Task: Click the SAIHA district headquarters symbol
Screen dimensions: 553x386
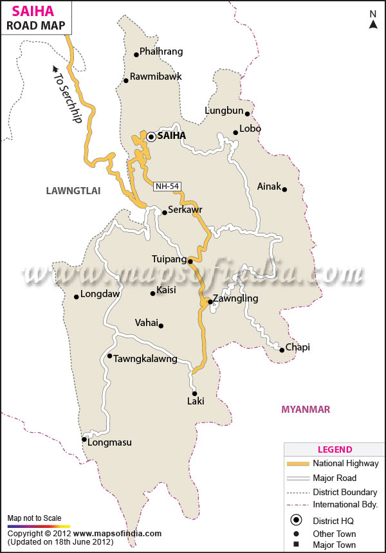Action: coord(151,136)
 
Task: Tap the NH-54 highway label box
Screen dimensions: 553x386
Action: coord(167,186)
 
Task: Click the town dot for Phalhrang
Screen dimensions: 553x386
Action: coord(136,55)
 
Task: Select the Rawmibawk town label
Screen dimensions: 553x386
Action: coord(156,77)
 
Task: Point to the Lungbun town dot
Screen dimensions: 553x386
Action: coord(247,114)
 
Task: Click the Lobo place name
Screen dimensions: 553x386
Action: coord(250,129)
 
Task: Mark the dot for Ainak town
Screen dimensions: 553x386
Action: coord(284,189)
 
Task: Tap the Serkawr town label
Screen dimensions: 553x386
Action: coord(185,210)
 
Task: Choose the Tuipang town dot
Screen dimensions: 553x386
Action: coord(190,261)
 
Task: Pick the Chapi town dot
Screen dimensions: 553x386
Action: coord(282,350)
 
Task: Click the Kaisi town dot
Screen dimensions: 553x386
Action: coord(152,294)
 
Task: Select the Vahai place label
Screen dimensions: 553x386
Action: coord(146,323)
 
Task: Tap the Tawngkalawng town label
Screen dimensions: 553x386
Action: coord(145,359)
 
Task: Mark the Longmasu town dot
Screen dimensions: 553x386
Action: coord(84,440)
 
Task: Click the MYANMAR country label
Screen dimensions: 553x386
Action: coord(306,410)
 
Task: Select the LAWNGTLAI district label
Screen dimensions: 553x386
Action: coord(75,190)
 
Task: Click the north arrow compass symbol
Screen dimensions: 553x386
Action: coord(372,21)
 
